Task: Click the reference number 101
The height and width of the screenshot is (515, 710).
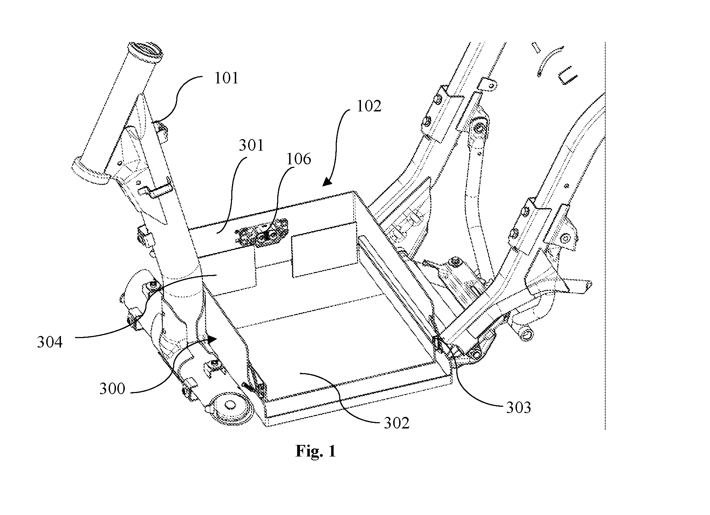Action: point(226,78)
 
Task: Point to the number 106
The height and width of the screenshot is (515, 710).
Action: point(299,159)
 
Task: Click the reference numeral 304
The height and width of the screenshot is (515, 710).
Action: point(50,342)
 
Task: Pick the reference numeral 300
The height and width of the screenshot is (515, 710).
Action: point(112,389)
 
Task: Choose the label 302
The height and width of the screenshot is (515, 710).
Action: point(396,423)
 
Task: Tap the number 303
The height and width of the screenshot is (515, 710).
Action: point(518,407)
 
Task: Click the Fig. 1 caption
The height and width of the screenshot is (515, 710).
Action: point(315,451)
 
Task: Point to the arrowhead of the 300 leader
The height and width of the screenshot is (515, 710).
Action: point(212,338)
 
